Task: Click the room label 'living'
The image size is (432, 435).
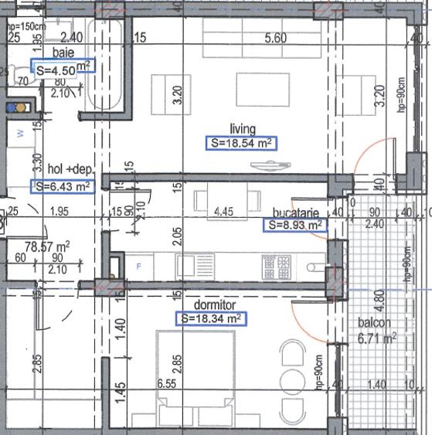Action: [242, 129]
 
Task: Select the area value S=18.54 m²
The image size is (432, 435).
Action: [242, 143]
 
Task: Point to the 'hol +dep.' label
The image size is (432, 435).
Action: [67, 170]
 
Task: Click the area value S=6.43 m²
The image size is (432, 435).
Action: [62, 185]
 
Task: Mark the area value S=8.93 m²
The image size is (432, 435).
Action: [294, 225]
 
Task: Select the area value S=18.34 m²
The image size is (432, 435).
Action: [210, 318]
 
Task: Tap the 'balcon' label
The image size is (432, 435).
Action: [374, 323]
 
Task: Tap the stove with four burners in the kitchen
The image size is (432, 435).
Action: [277, 267]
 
